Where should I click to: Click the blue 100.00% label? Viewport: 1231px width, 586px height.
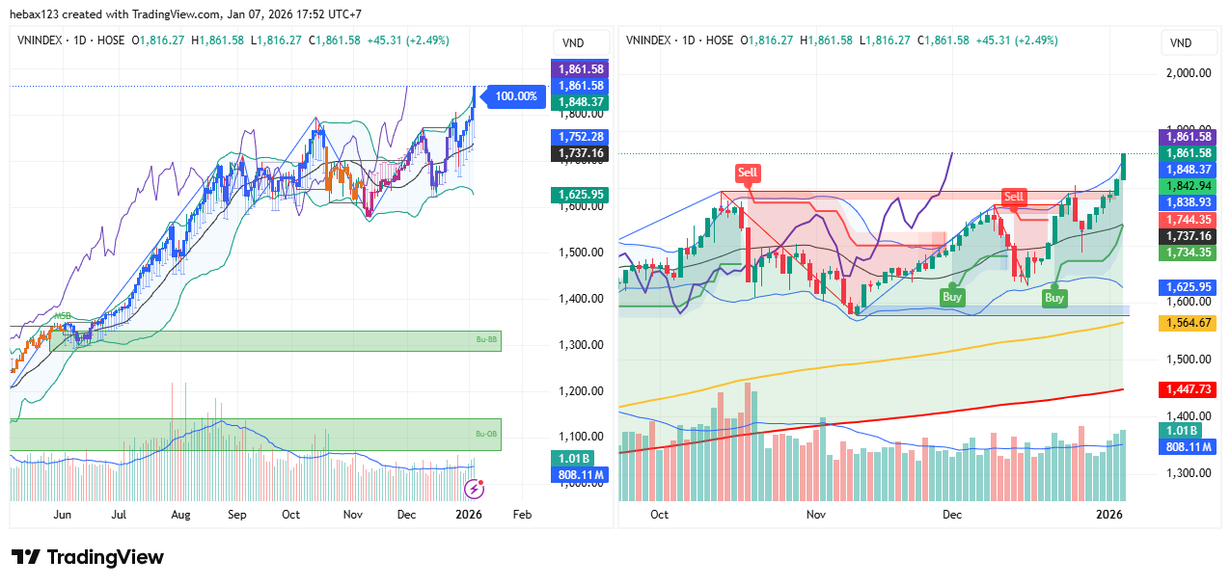tap(515, 96)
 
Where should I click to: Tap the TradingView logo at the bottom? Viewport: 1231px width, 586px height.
tap(88, 557)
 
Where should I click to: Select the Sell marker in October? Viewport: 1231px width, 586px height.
tap(748, 173)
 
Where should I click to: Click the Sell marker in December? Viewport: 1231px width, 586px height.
tap(1013, 197)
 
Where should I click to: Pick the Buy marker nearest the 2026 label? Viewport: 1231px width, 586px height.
tap(1054, 298)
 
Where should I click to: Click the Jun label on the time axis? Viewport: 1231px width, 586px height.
tap(63, 515)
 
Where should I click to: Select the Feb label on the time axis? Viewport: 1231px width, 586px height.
tap(522, 515)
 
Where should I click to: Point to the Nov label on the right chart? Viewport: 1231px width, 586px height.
tap(816, 515)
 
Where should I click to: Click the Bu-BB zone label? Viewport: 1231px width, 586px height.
tap(485, 340)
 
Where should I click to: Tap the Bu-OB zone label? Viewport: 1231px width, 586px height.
tap(485, 435)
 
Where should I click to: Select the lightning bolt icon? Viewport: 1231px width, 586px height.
tap(475, 489)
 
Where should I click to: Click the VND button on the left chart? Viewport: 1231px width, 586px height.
tap(573, 42)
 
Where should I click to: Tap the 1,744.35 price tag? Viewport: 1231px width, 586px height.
tap(1188, 220)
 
